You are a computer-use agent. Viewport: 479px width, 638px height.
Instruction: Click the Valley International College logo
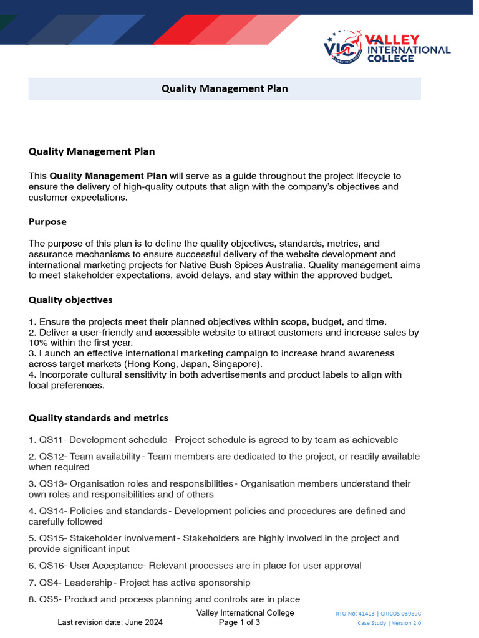click(x=387, y=47)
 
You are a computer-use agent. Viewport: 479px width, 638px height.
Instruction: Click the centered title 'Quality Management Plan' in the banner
click(x=225, y=88)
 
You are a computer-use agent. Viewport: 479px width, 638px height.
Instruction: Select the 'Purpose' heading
click(x=47, y=221)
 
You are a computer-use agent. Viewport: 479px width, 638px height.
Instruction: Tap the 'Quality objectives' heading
click(x=70, y=300)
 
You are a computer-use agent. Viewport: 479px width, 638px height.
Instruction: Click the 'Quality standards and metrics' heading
click(x=98, y=417)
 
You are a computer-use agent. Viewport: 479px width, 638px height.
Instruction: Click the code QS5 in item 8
click(x=49, y=599)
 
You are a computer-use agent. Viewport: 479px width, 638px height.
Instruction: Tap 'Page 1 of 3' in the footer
click(x=239, y=622)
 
